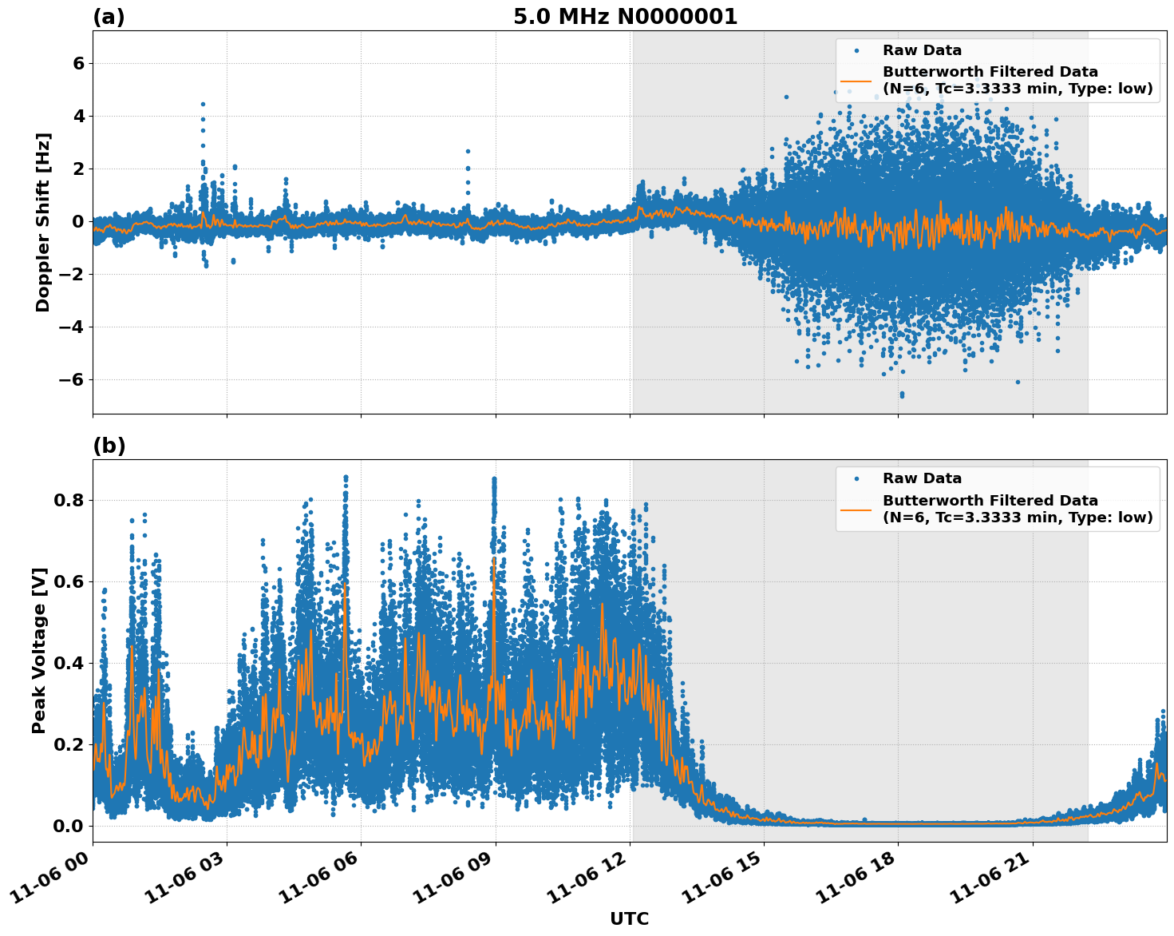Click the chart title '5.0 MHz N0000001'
[625, 17]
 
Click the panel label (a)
[109, 17]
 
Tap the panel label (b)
[109, 446]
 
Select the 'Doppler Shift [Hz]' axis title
[43, 222]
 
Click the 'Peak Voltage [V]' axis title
[39, 650]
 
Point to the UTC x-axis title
[629, 918]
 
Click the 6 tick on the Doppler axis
[78, 63]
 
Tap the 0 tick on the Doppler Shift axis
[78, 222]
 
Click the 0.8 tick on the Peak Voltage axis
[69, 501]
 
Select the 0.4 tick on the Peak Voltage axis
[69, 664]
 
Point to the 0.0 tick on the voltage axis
[69, 826]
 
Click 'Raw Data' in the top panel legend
[922, 50]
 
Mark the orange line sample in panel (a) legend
[856, 81]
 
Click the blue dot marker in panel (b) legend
[856, 478]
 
